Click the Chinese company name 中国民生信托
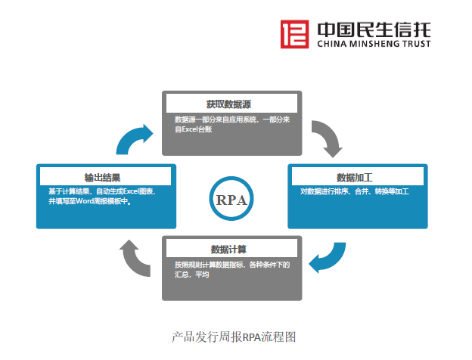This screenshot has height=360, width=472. click(x=373, y=29)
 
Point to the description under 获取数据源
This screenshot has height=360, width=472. click(x=232, y=125)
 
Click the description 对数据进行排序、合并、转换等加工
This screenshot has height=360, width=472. click(x=354, y=192)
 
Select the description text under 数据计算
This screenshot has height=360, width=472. click(x=231, y=270)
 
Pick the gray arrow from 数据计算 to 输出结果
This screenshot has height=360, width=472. click(x=137, y=257)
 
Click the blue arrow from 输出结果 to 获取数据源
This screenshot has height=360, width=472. click(x=137, y=139)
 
